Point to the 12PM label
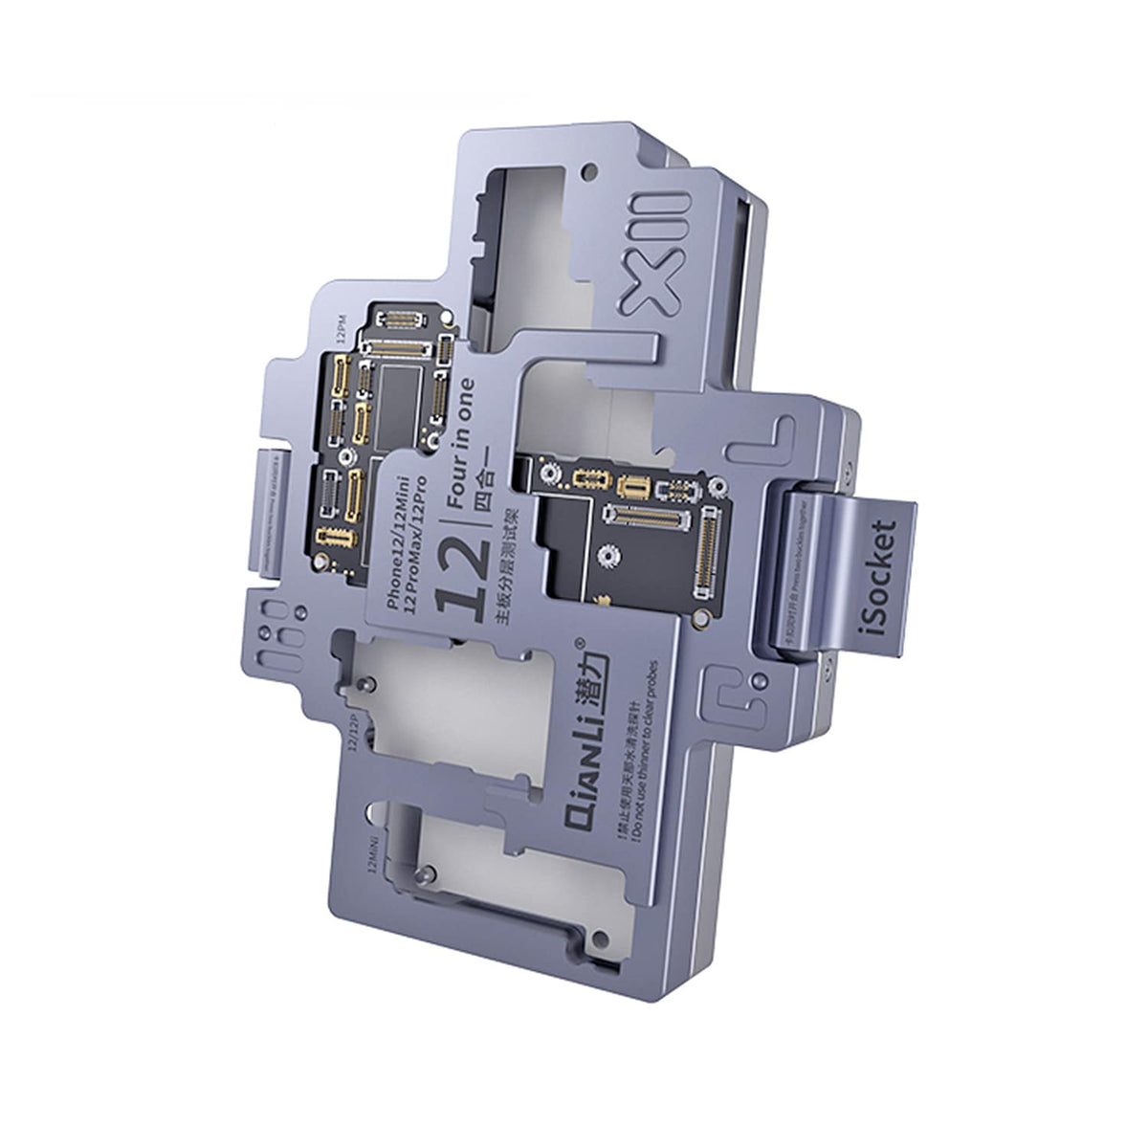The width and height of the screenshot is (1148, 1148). click(342, 330)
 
